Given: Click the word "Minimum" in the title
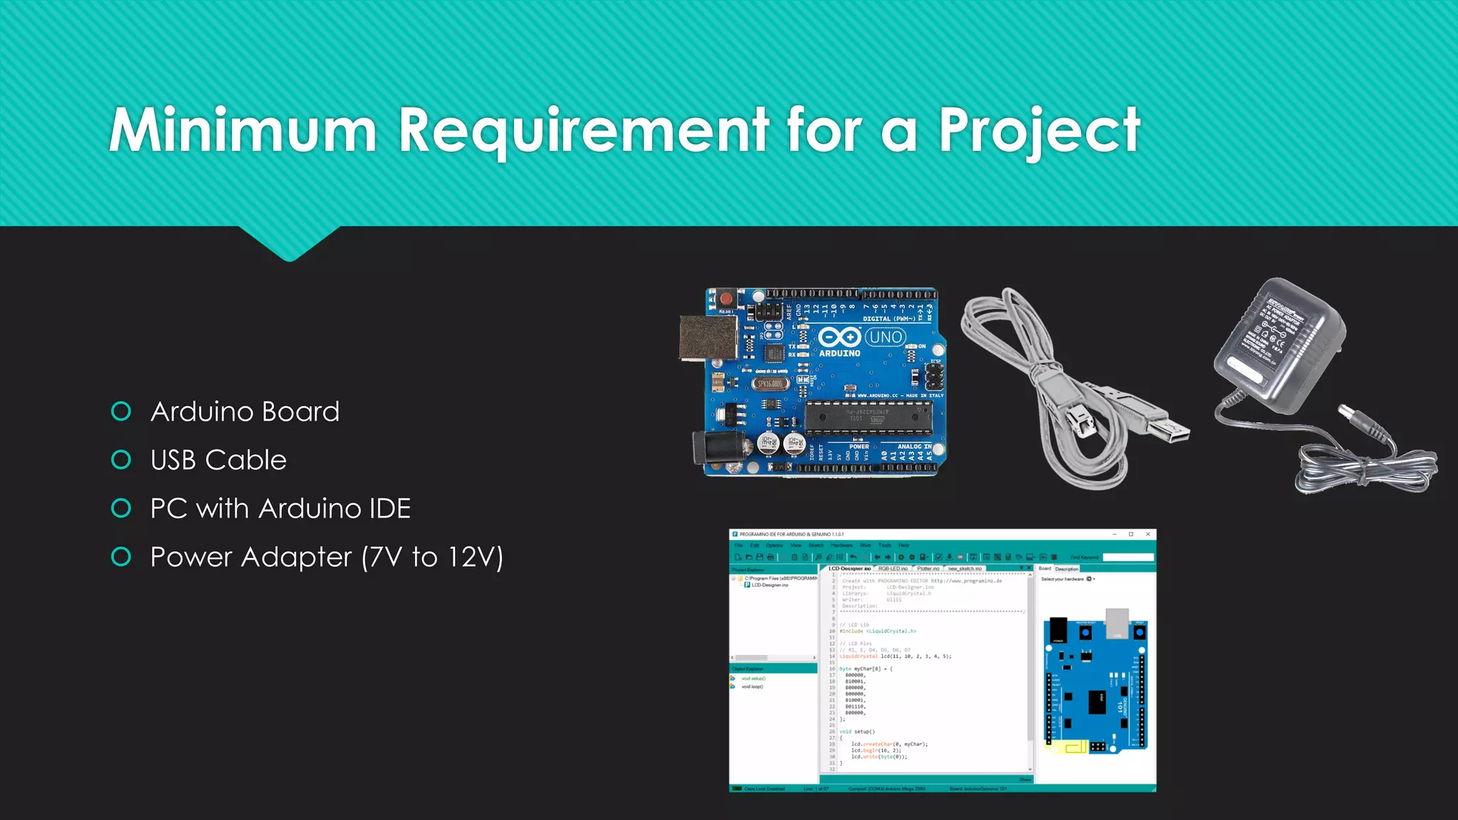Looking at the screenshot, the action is click(x=242, y=130).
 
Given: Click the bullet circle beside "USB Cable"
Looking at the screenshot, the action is click(x=122, y=460).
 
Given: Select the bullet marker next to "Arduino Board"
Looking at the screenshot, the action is click(x=122, y=411).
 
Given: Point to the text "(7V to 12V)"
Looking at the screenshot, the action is click(x=433, y=557).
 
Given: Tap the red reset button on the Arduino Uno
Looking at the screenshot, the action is click(x=725, y=298).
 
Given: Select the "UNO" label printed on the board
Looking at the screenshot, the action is click(x=886, y=337).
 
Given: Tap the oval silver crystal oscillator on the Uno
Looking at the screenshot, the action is click(x=770, y=384).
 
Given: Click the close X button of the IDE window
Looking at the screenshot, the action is click(x=1148, y=534).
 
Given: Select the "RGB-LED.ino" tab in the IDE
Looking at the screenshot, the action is click(x=893, y=569).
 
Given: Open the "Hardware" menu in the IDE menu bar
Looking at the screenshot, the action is click(x=841, y=545).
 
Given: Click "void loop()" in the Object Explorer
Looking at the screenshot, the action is click(x=752, y=687).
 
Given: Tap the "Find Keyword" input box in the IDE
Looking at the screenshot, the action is click(x=1128, y=557).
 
